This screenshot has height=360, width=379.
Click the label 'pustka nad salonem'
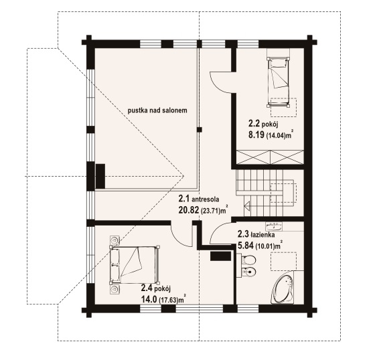(157, 110)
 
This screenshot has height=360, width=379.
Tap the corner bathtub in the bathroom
(282, 288)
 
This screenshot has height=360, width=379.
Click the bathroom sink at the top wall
(274, 226)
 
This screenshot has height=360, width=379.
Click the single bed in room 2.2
(278, 82)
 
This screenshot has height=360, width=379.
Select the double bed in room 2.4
(135, 265)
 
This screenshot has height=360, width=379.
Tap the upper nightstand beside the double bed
(114, 240)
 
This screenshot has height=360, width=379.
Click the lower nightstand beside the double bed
(114, 290)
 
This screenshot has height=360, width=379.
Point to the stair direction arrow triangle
(247, 206)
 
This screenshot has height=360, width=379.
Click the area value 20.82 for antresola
(189, 210)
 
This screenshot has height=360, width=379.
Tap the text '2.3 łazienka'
(256, 234)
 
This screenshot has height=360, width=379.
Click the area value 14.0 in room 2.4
(149, 300)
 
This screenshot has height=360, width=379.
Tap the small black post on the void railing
(199, 130)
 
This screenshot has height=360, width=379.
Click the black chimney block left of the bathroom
(220, 256)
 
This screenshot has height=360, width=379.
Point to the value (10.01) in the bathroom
(265, 247)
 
